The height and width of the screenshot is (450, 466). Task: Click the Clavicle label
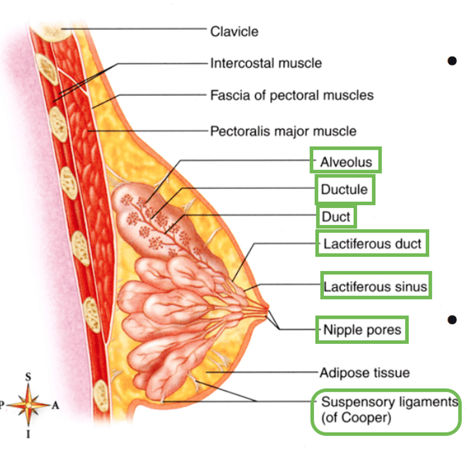(234, 31)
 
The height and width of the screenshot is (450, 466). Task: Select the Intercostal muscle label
(266, 64)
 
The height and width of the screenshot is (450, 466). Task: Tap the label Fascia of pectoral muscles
(292, 96)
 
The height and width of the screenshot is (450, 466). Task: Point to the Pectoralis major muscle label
(283, 131)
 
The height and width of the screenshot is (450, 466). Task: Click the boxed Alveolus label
(346, 162)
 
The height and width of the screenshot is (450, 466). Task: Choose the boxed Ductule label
(344, 189)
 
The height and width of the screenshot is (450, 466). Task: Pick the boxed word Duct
(336, 217)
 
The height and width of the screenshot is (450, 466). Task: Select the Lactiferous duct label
(372, 244)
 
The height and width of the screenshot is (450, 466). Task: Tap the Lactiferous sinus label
(375, 287)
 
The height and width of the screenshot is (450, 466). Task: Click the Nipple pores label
(362, 330)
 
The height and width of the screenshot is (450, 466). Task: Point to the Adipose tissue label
(365, 372)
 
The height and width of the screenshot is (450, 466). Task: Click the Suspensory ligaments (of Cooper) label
(389, 410)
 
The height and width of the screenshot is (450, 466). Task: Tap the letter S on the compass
(28, 377)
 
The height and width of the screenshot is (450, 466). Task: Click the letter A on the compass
(55, 405)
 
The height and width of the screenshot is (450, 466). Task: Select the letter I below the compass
(28, 434)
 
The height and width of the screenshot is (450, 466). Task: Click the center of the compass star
(28, 405)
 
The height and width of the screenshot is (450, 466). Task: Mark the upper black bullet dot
(452, 61)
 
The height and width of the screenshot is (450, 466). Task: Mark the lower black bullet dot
(452, 320)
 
